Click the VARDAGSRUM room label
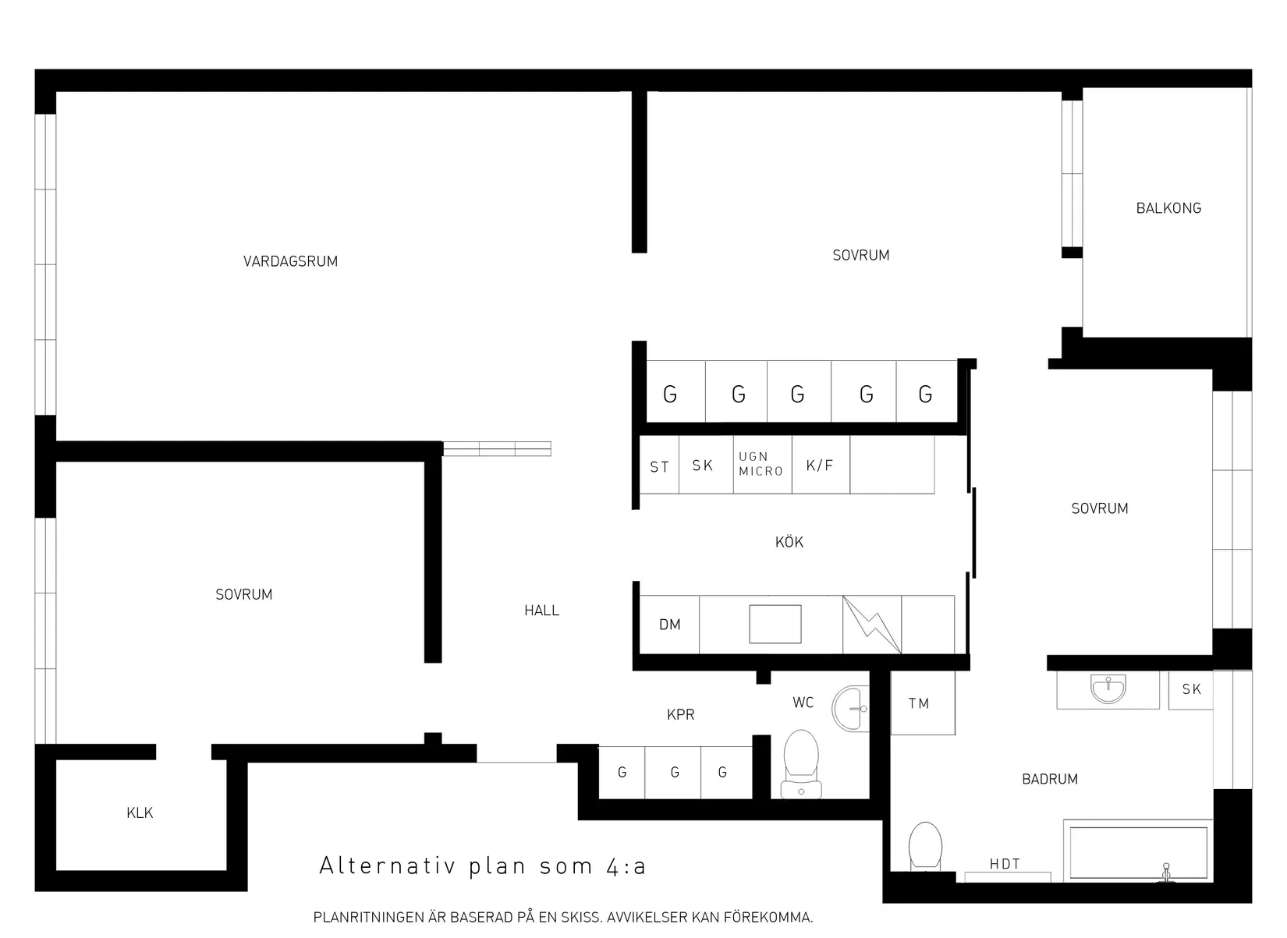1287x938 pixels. [x=290, y=261]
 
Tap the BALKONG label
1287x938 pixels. [x=1168, y=208]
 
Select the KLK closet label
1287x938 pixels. [x=140, y=812]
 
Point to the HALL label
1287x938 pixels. [x=541, y=611]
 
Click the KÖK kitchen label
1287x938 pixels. [x=789, y=542]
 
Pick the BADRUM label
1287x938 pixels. [x=1049, y=779]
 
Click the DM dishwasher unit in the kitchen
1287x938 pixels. [x=669, y=625]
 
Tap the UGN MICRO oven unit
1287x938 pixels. [x=761, y=465]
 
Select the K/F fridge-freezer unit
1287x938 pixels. [x=820, y=465]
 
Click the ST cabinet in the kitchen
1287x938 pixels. [x=659, y=467]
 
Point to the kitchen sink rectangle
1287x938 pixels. [x=775, y=624]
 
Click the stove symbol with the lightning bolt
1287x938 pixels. [x=872, y=625]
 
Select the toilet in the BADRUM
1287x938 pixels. [x=925, y=846]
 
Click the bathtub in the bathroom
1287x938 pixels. [x=1139, y=851]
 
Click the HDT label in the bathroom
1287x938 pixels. [x=1005, y=864]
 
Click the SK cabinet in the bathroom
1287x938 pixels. [x=1190, y=689]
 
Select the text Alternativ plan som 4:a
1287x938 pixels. [x=483, y=866]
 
